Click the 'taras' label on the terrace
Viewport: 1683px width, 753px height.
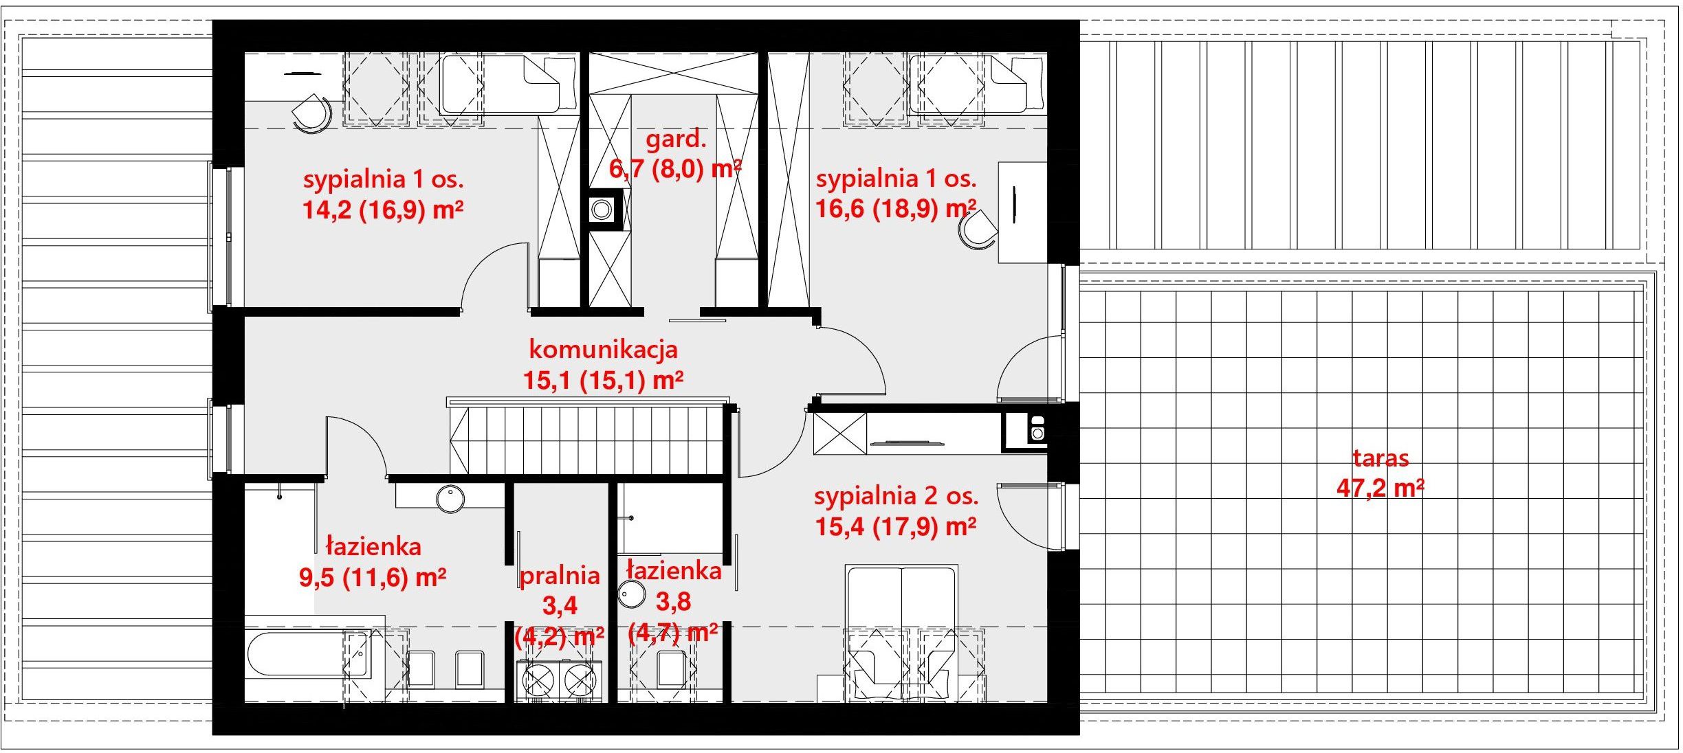tap(1380, 458)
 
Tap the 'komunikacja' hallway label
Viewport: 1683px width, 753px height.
tap(603, 349)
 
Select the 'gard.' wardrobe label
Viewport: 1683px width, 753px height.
tap(675, 140)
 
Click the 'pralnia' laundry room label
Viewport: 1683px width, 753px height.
tap(560, 576)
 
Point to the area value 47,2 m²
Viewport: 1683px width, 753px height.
tap(1380, 488)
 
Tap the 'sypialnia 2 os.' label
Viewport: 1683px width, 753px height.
tap(896, 496)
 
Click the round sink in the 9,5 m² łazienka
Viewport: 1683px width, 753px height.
tap(450, 498)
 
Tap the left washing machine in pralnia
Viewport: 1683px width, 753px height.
tap(538, 681)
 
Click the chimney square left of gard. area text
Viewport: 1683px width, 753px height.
tap(603, 209)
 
